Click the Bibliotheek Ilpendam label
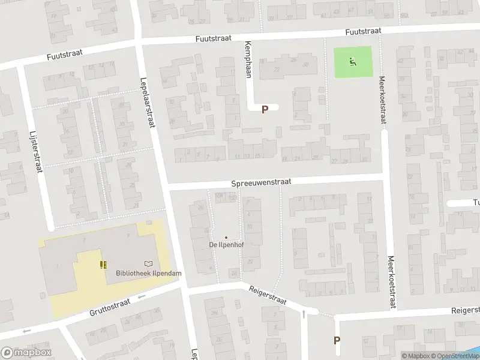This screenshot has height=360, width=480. tap(148, 274)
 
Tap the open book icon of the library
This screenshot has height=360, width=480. tap(148, 263)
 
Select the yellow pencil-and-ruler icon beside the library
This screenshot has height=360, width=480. tap(104, 264)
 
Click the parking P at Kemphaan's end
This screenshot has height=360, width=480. tap(265, 109)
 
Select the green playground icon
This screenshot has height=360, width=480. tap(352, 61)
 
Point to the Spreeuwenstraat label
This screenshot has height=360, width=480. tap(260, 182)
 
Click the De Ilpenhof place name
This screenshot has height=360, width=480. tap(226, 245)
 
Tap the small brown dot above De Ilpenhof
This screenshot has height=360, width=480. tap(226, 237)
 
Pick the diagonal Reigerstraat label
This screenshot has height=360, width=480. tap(268, 295)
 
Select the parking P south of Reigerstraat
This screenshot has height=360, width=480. tap(337, 340)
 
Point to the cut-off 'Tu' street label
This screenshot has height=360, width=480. tap(475, 202)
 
